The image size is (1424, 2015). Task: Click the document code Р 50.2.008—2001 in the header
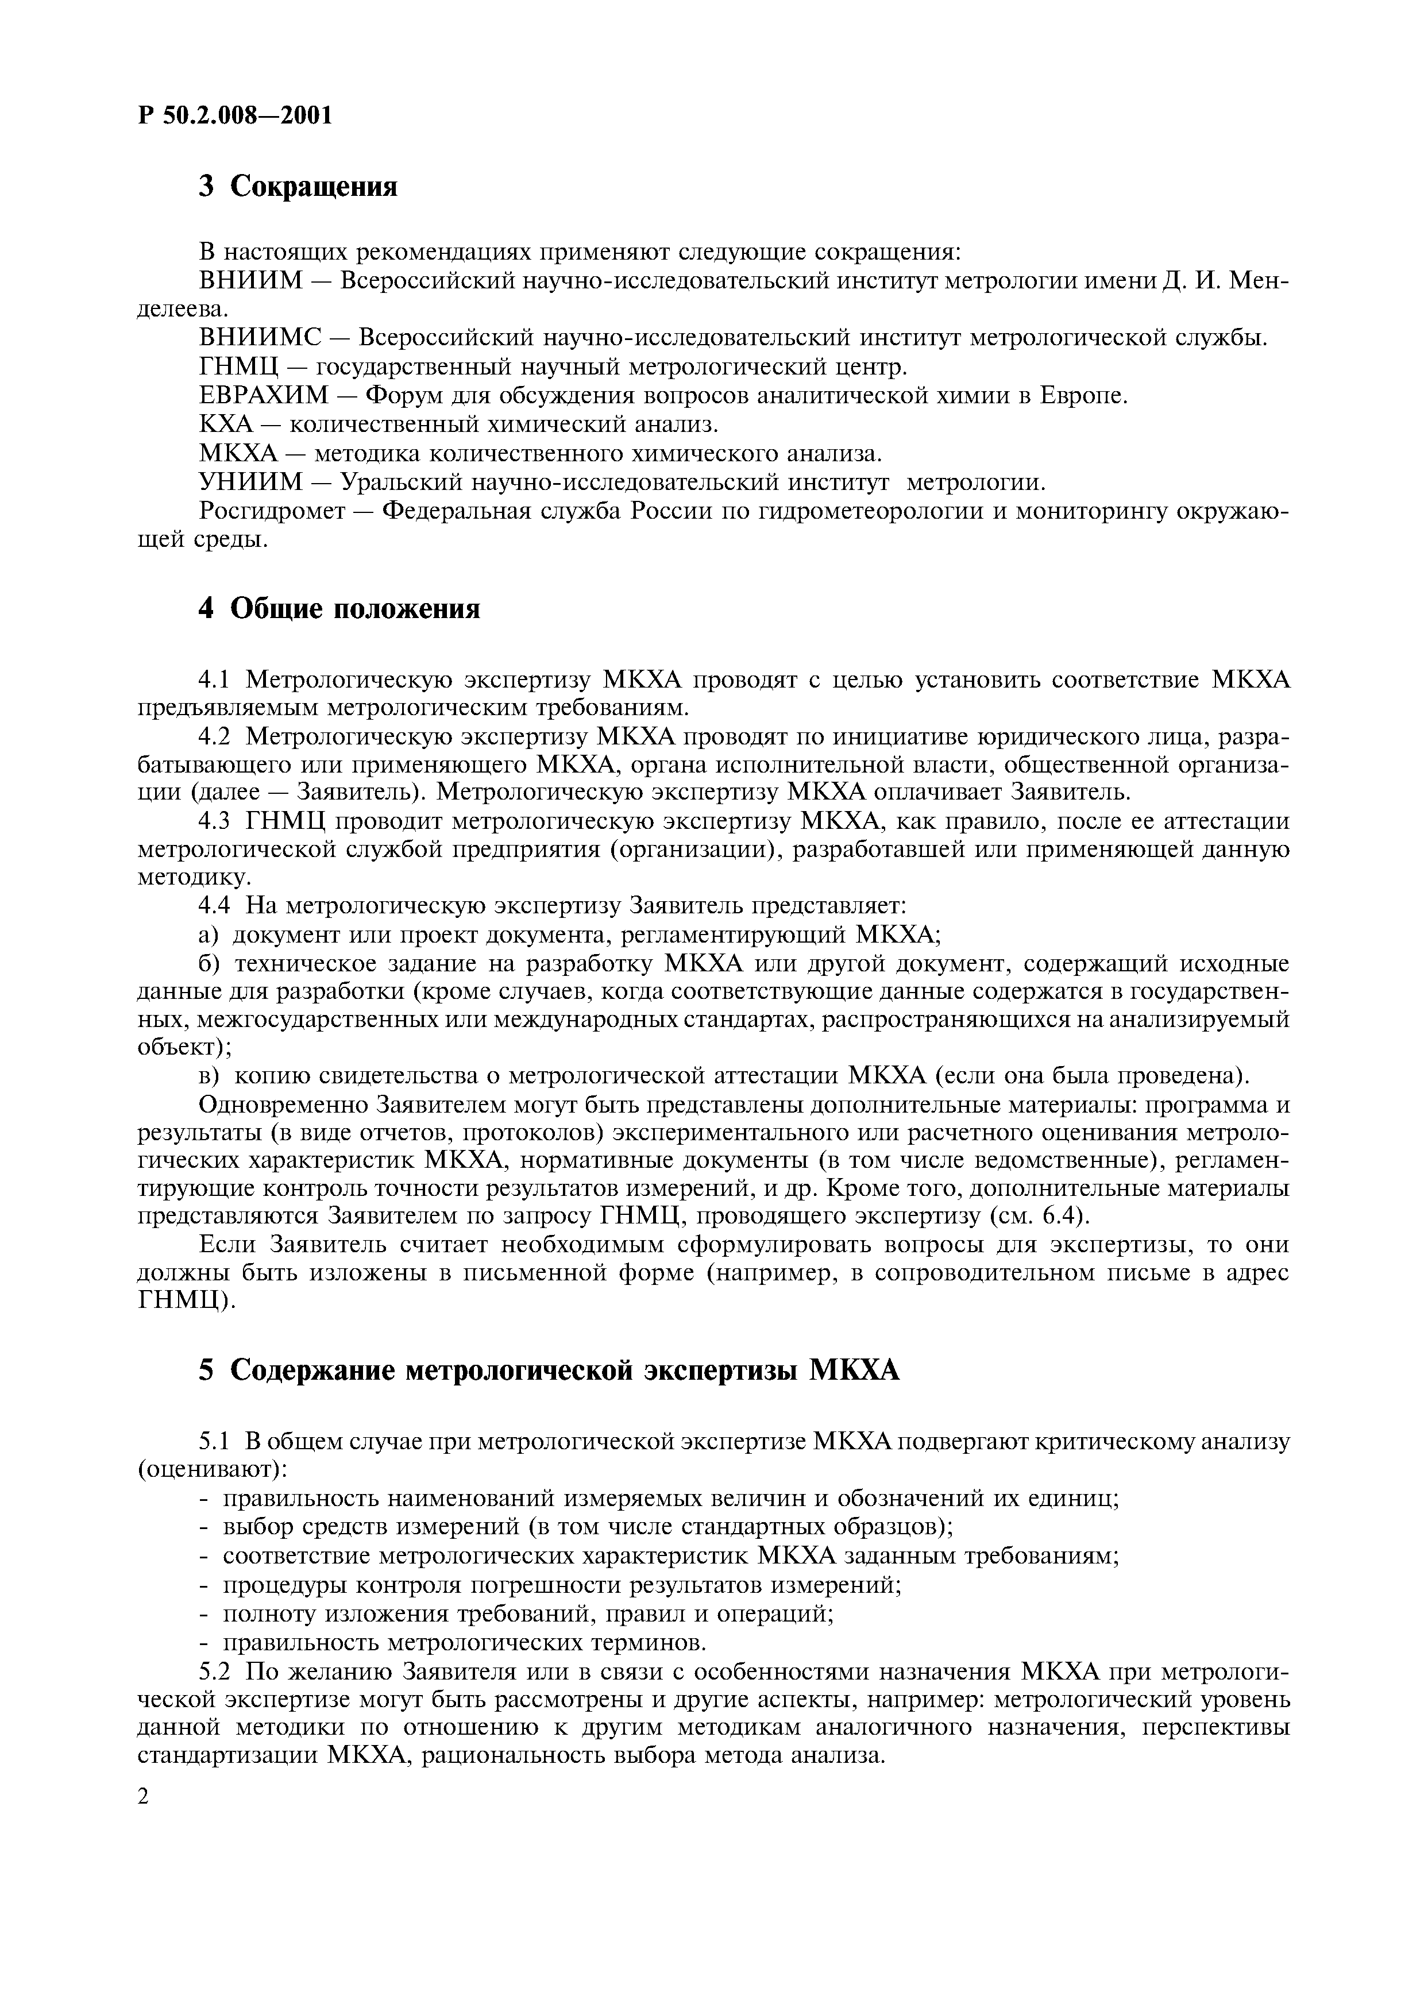[x=235, y=115]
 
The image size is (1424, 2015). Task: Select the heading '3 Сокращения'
[x=298, y=187]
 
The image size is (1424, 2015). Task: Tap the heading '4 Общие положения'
[x=339, y=608]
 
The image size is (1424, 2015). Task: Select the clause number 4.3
[x=214, y=821]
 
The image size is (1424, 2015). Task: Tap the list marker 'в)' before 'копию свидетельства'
[x=208, y=1076]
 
